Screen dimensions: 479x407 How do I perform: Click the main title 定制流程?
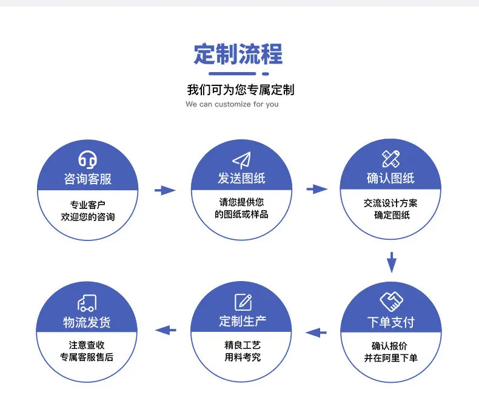[238, 54]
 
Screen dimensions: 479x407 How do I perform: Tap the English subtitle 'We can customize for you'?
[232, 104]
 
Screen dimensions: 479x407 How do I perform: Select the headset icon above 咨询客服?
[88, 159]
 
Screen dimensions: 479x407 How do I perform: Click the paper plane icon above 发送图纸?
[242, 160]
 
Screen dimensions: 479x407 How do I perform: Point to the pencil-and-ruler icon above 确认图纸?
[390, 159]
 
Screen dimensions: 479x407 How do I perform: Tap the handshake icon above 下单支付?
[391, 302]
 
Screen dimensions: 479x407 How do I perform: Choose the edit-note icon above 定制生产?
[243, 302]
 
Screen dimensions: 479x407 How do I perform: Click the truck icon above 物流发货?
[87, 303]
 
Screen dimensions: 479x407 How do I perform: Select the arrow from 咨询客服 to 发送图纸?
[165, 190]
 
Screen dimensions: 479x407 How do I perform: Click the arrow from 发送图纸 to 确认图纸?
[317, 189]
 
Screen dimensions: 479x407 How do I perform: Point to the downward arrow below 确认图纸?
[392, 262]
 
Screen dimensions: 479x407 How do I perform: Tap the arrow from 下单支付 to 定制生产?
[316, 333]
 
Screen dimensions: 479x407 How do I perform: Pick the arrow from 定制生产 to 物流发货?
[166, 330]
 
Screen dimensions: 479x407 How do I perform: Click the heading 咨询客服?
[88, 179]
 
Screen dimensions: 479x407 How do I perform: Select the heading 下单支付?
[391, 322]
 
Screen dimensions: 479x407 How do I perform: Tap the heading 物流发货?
[87, 322]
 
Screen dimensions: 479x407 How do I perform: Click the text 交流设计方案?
[390, 203]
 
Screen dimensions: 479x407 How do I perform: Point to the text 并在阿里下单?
[390, 357]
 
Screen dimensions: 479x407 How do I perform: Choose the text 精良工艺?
[243, 345]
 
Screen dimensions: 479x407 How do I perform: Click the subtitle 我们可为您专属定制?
[241, 90]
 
